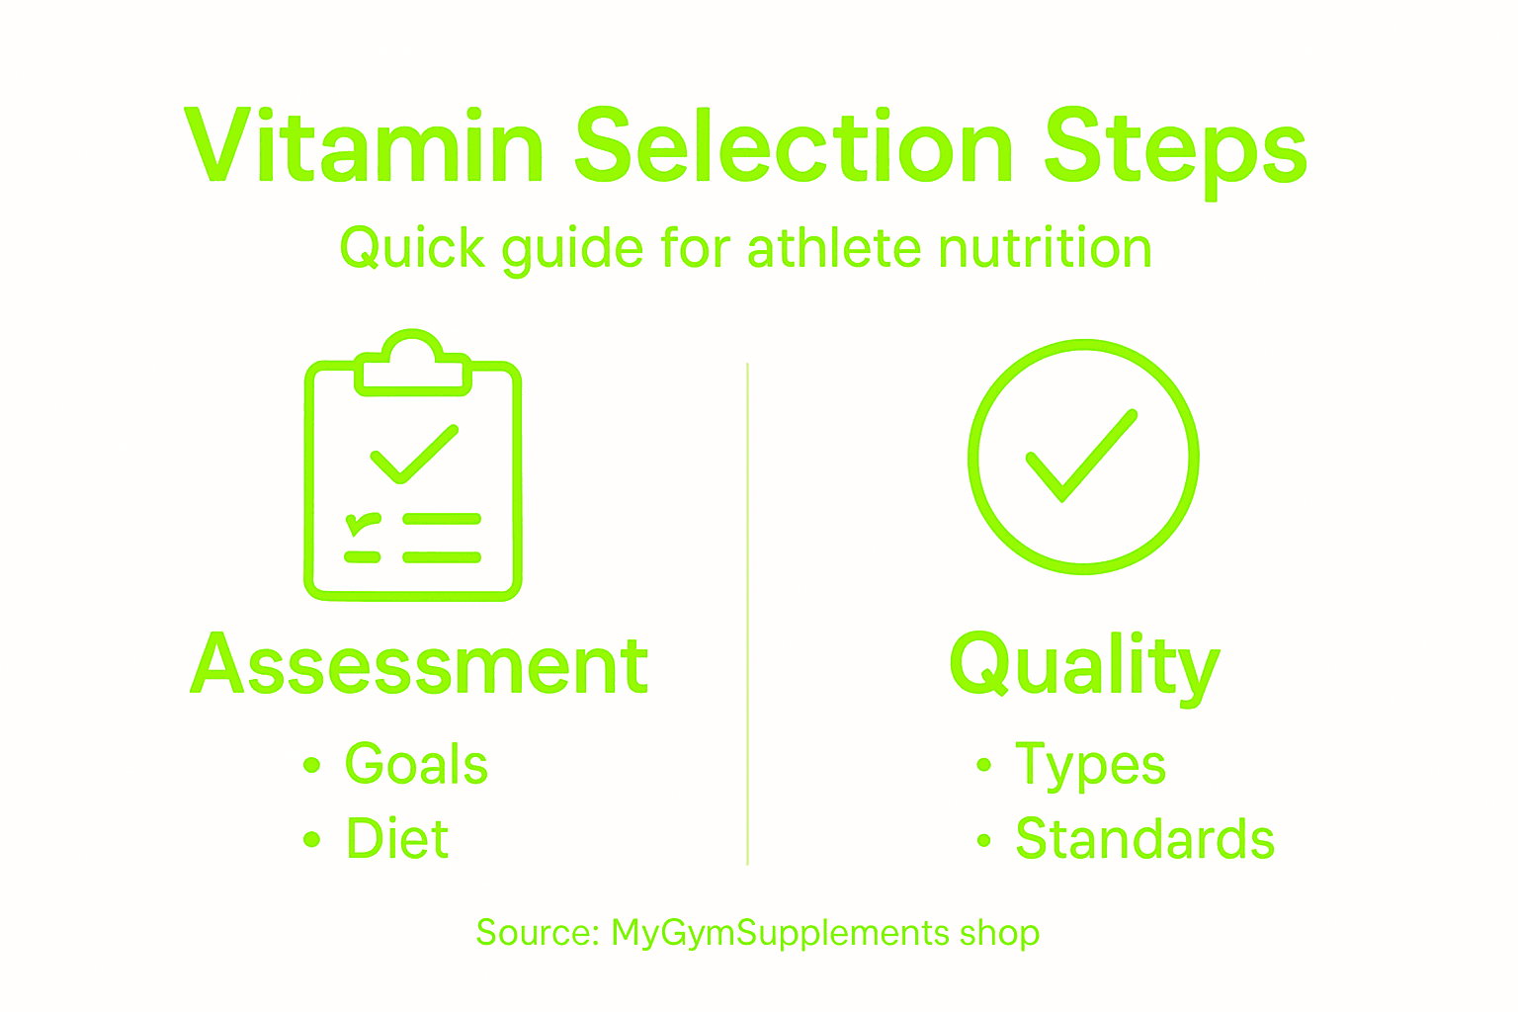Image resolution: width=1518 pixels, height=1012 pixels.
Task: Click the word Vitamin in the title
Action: pyautogui.click(x=364, y=146)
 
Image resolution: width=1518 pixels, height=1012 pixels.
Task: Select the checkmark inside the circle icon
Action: pyautogui.click(x=1081, y=455)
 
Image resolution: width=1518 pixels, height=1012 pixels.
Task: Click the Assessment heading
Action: pyautogui.click(x=419, y=664)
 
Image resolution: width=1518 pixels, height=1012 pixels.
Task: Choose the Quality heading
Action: pyautogui.click(x=1084, y=666)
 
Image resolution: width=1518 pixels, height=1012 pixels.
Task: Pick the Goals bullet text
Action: pyautogui.click(x=416, y=764)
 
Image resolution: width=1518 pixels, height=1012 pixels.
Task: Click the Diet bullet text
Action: pyautogui.click(x=397, y=839)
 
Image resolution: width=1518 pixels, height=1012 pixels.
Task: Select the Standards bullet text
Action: pyautogui.click(x=1144, y=839)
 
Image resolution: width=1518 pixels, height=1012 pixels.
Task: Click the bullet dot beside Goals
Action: pyautogui.click(x=312, y=764)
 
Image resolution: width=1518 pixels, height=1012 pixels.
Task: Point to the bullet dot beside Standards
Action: pyautogui.click(x=983, y=840)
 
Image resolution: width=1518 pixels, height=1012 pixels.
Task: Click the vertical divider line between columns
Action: pyautogui.click(x=748, y=613)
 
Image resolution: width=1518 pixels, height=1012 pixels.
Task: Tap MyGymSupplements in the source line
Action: pyautogui.click(x=781, y=933)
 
